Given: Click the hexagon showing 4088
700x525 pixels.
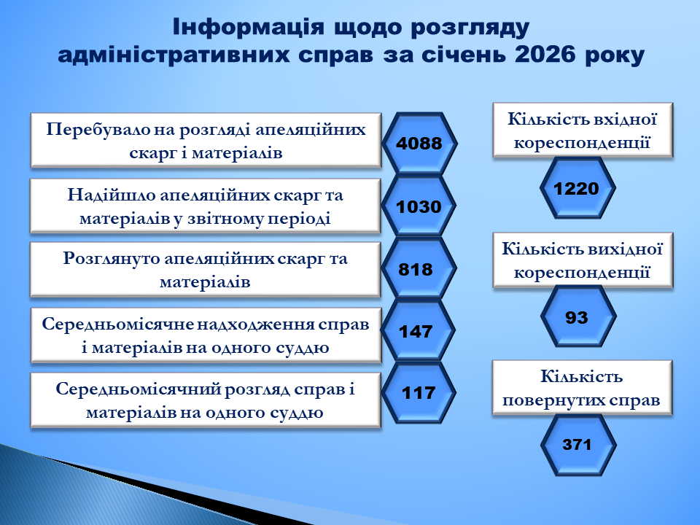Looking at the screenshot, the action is coord(419,144).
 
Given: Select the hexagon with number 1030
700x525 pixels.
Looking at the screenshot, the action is coord(419,206).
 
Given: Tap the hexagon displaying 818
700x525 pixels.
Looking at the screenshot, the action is coord(419,269).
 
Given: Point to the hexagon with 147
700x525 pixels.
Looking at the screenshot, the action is coord(419,331).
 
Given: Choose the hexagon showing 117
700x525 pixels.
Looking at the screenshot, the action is coord(419,393).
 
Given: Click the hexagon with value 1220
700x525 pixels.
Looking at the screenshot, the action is coord(577,188).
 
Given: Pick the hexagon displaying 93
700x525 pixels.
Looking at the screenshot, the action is coord(578,316).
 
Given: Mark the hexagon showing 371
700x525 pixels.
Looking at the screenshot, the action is coord(578,445).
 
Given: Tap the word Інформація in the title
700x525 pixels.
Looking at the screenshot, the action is coord(248,27).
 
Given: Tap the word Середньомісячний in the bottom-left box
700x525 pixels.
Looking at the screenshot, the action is coord(137,389).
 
